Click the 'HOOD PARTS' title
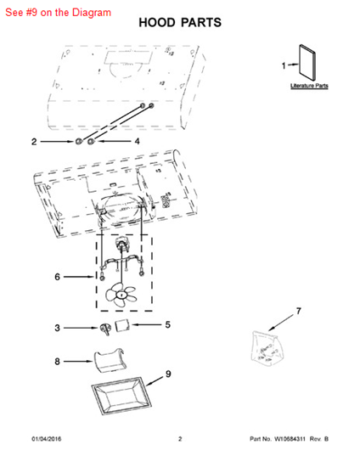[x=180, y=23]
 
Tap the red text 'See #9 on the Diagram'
[x=59, y=13]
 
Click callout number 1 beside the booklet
[x=284, y=65]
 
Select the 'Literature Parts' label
[x=309, y=86]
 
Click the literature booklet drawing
[x=307, y=62]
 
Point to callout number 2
[x=34, y=142]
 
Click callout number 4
[x=137, y=141]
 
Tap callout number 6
[x=57, y=277]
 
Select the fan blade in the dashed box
[x=121, y=295]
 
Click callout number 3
[x=57, y=328]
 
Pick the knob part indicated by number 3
[x=105, y=329]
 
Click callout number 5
[x=167, y=324]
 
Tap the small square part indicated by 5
[x=122, y=324]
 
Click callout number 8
[x=57, y=362]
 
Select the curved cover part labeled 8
[x=110, y=360]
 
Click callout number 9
[x=168, y=374]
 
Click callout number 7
[x=298, y=311]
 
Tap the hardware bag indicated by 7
[x=266, y=349]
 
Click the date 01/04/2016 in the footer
[x=47, y=439]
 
